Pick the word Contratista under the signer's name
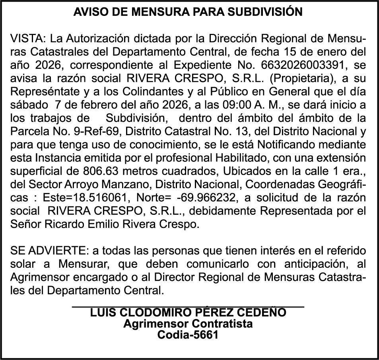coord(221,323)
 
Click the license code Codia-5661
coord(188,335)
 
